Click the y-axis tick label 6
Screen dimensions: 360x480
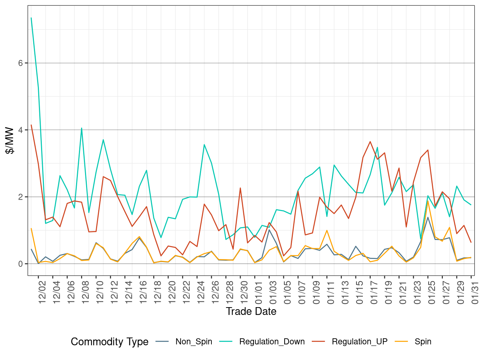click(x=20, y=63)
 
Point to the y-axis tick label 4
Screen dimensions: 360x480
click(x=20, y=130)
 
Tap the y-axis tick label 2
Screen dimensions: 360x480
click(x=20, y=197)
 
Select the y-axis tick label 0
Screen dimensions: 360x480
click(x=20, y=264)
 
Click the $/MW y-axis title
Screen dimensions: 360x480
click(x=10, y=141)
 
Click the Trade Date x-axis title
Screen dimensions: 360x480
click(x=251, y=311)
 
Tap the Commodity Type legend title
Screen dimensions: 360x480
click(x=109, y=342)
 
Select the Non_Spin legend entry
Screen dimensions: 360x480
click(x=194, y=342)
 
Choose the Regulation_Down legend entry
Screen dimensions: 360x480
click(x=272, y=342)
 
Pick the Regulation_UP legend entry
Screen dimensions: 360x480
click(x=359, y=342)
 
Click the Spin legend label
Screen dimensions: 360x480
click(x=423, y=342)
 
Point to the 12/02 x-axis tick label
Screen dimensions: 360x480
click(x=42, y=292)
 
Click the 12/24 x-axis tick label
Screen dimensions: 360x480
click(x=201, y=292)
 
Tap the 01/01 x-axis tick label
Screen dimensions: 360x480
click(x=259, y=292)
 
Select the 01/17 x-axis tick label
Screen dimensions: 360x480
click(x=374, y=292)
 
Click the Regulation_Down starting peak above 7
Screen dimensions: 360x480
click(x=31, y=18)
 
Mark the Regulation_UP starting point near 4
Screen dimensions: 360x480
click(x=31, y=125)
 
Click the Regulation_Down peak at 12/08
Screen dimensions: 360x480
click(x=81, y=128)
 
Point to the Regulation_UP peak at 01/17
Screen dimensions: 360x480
click(x=370, y=141)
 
